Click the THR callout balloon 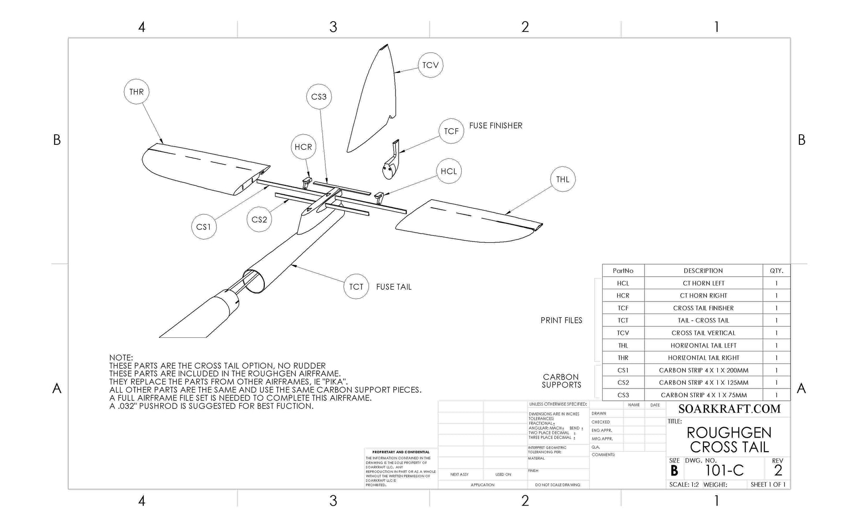136,92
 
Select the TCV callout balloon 430,65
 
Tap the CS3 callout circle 319,97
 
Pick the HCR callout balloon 303,147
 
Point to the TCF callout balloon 451,131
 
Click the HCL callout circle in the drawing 448,171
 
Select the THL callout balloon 562,179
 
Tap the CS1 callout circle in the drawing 203,227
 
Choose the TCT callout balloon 356,287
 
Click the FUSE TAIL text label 394,287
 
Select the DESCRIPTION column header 703,271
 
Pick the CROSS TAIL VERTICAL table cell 703,333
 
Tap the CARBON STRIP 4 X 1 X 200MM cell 703,370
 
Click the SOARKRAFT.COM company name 729,409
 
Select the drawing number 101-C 724,471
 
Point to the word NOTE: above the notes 121,358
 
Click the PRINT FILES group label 561,321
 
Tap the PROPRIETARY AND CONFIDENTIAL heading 400,452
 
